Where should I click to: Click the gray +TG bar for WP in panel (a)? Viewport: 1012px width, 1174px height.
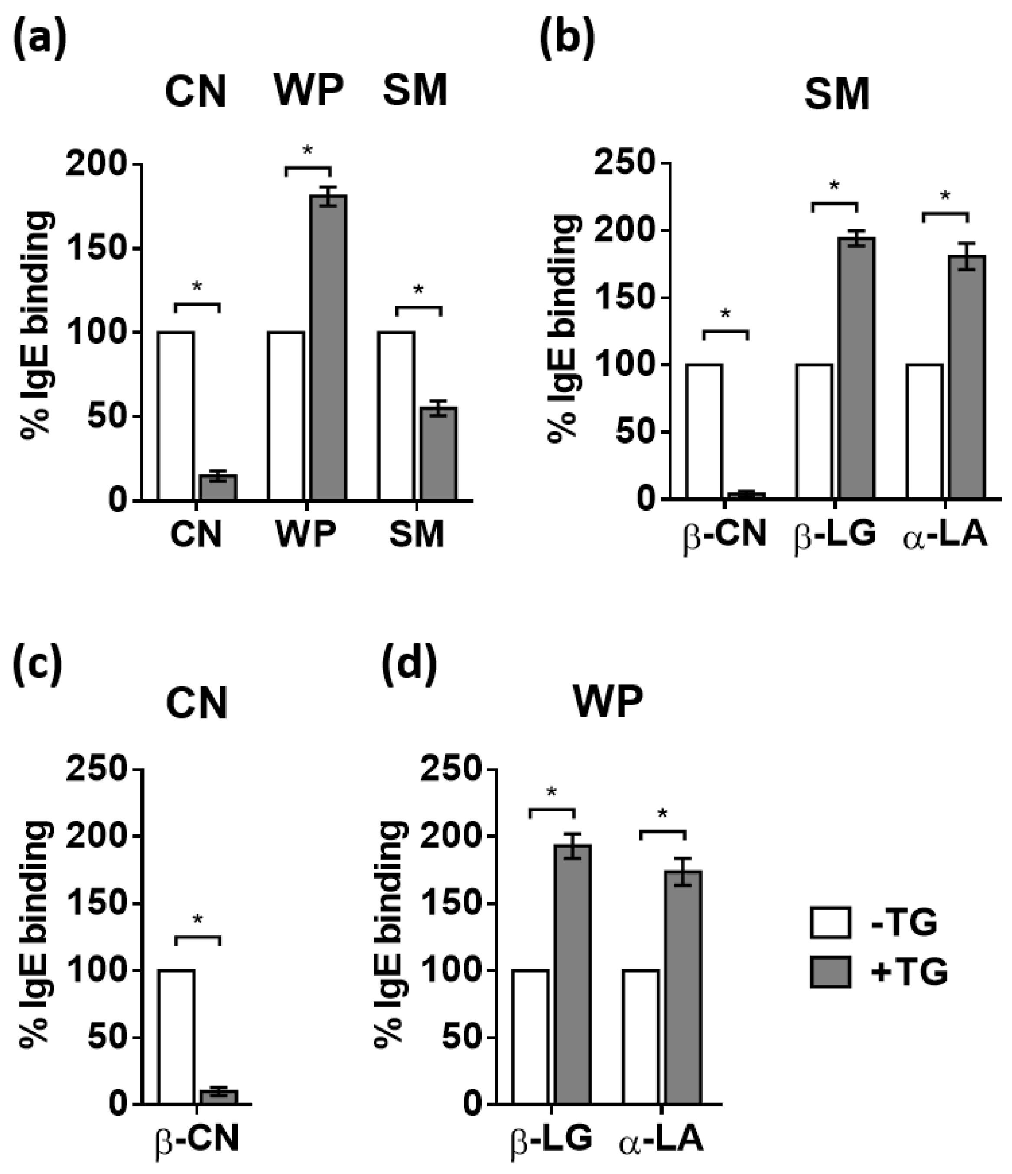click(x=328, y=347)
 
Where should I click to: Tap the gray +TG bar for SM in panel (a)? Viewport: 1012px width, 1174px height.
click(x=439, y=453)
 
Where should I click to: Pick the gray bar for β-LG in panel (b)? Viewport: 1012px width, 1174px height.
click(x=857, y=368)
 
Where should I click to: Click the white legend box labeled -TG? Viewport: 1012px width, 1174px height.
click(x=830, y=923)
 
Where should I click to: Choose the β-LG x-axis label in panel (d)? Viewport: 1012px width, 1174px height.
click(x=549, y=1138)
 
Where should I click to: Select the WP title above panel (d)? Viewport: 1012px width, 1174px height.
click(x=608, y=703)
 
